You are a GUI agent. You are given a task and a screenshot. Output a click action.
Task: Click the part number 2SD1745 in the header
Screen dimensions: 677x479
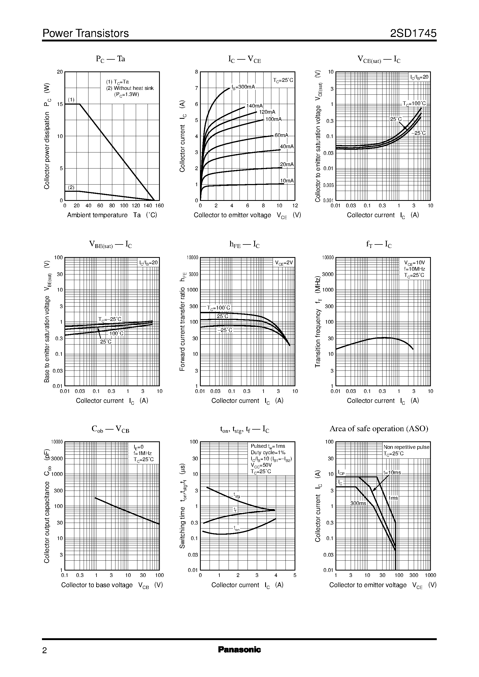413,33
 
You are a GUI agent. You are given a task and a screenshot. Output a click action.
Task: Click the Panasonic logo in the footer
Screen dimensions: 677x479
239,649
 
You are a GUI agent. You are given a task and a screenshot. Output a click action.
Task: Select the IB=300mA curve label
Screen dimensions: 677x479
243,87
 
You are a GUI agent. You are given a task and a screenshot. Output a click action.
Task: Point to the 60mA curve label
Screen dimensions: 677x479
281,135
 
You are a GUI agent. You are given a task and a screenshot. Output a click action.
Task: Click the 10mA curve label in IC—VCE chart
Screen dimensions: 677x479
287,181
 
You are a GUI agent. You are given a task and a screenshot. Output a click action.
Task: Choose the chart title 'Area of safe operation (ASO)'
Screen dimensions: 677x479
379,429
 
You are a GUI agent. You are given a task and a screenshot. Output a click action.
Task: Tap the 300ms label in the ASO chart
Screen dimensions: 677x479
358,503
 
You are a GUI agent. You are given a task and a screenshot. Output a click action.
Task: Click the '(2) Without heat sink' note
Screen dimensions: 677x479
130,88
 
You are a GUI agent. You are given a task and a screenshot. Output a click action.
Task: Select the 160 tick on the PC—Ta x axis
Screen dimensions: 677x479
159,206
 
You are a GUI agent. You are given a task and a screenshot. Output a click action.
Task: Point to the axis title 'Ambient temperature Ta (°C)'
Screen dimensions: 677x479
112,215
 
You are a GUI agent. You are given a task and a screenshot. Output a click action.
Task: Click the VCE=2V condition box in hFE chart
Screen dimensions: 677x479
284,263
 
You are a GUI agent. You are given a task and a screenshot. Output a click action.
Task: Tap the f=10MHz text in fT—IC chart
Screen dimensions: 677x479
414,269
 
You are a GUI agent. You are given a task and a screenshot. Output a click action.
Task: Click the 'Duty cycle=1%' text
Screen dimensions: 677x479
268,452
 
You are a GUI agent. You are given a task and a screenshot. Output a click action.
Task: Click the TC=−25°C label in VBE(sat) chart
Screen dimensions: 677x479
110,319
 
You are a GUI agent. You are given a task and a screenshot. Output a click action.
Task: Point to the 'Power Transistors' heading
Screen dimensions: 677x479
86,33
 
